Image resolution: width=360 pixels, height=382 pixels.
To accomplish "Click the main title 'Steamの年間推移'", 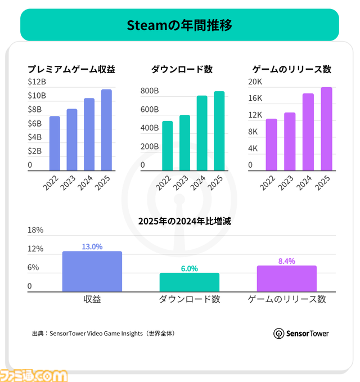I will click(x=179, y=25).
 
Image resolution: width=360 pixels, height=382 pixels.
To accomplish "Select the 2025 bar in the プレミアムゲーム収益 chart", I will click(x=106, y=130).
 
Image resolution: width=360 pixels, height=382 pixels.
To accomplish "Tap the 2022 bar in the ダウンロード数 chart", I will click(x=168, y=146).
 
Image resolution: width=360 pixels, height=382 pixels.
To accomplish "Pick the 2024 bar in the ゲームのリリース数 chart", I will click(x=308, y=132).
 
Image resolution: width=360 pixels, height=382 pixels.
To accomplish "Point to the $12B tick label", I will click(x=37, y=82).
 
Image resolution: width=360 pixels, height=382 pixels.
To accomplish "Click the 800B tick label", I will click(x=150, y=91).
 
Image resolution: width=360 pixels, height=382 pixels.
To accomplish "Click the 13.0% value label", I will click(x=92, y=246).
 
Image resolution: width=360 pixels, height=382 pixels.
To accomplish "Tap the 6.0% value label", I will click(x=189, y=268).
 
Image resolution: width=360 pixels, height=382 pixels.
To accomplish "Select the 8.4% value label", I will click(x=286, y=261).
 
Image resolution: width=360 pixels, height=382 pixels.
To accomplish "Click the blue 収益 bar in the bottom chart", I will click(x=92, y=272).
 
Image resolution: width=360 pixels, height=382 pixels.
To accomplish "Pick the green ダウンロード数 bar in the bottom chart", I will click(x=189, y=282).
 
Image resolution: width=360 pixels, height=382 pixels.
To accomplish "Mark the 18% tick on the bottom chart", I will click(x=35, y=230).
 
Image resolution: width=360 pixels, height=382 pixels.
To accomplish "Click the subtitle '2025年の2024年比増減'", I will click(x=184, y=221).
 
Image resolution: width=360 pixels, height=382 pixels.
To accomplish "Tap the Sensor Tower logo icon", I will click(x=278, y=334).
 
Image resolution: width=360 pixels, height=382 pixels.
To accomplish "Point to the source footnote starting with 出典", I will click(x=103, y=333).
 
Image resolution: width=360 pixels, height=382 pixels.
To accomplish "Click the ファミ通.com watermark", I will click(x=33, y=375).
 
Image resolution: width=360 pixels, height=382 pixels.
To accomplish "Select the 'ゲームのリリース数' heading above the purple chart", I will click(x=291, y=69).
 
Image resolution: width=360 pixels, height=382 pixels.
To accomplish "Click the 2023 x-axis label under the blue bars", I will click(x=68, y=183).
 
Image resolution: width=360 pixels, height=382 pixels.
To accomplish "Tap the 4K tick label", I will click(x=254, y=149).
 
